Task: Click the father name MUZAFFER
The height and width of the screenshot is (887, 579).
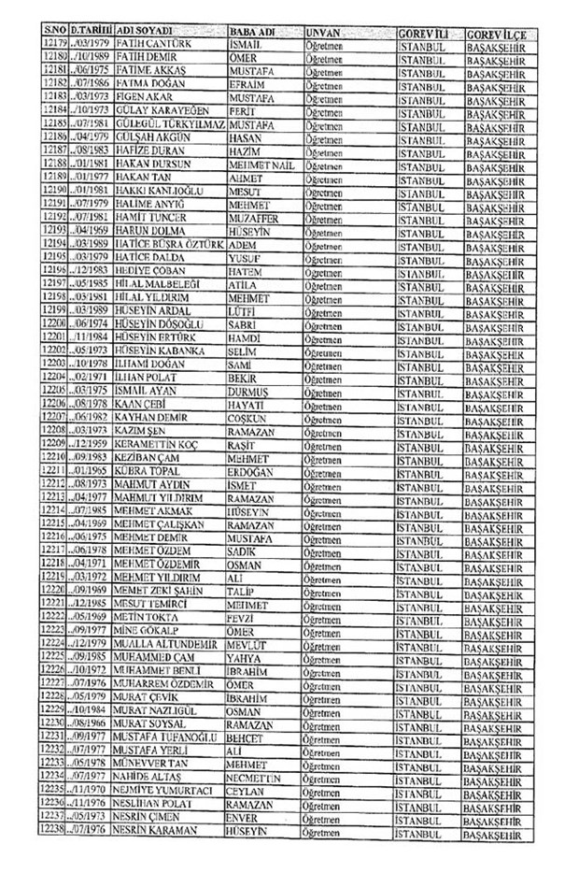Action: (x=253, y=216)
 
